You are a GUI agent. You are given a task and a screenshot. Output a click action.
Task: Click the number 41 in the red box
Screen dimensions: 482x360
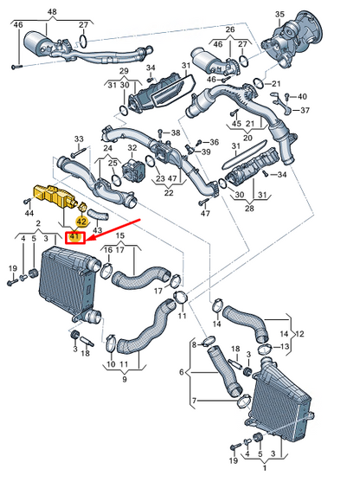(x=74, y=236)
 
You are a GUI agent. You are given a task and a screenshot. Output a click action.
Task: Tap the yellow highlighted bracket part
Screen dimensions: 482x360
(x=54, y=196)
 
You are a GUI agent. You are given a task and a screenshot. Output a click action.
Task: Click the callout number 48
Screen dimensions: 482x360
(x=52, y=11)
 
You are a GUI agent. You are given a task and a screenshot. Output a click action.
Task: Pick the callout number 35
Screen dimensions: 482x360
(x=303, y=15)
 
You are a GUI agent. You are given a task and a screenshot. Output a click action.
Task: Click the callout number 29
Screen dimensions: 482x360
(x=123, y=72)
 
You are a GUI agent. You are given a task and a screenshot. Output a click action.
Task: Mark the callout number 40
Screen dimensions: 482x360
(x=302, y=95)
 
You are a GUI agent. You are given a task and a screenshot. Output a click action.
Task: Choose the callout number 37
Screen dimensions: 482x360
(x=305, y=111)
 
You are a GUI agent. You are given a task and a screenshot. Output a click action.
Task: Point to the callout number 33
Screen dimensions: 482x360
(x=79, y=138)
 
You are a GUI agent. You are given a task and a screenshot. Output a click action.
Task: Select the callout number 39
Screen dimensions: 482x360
(x=206, y=151)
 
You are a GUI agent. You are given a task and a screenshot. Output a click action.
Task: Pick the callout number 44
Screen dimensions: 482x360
(x=29, y=212)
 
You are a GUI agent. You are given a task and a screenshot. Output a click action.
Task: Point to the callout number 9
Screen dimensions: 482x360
(x=124, y=379)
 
